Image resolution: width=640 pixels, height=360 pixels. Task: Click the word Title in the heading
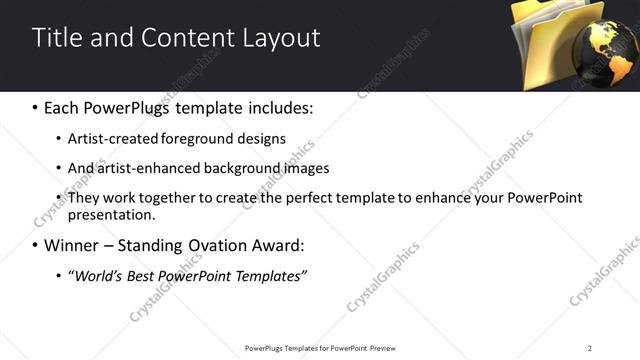click(57, 38)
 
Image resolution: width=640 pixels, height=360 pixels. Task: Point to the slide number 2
click(590, 348)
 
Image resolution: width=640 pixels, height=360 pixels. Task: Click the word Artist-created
click(111, 138)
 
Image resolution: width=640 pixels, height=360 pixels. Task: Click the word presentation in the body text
click(111, 214)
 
